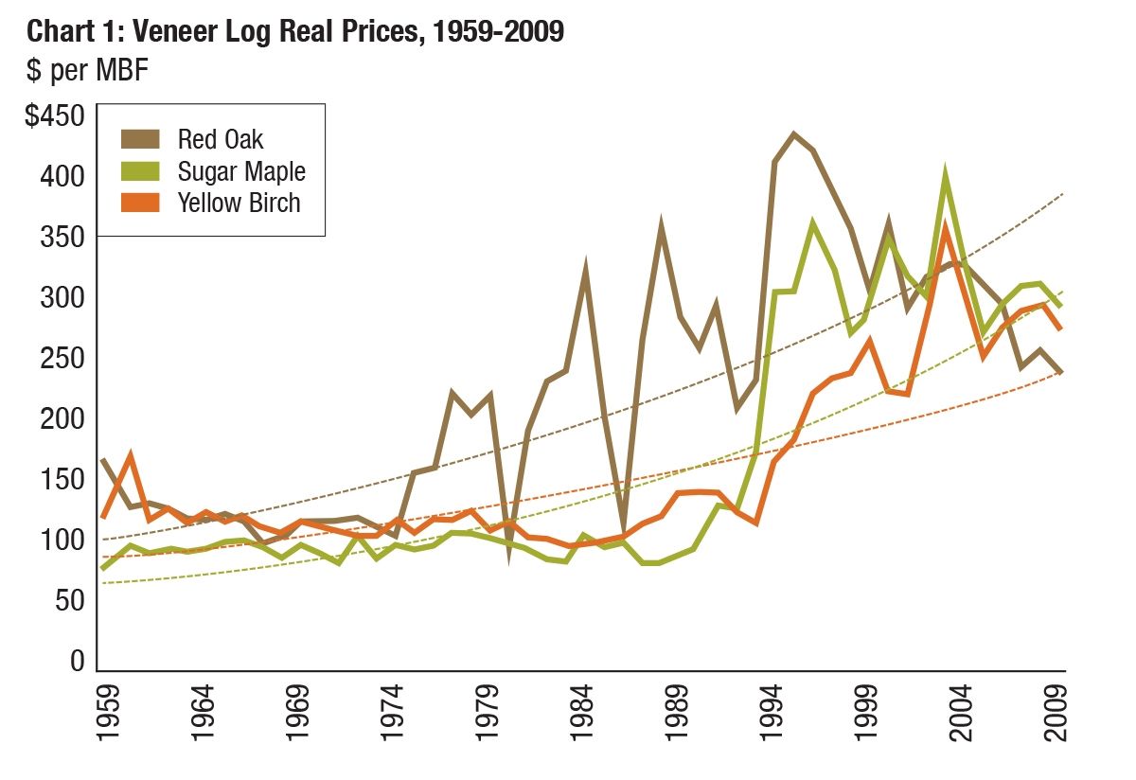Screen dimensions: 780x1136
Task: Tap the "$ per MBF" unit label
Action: pyautogui.click(x=87, y=71)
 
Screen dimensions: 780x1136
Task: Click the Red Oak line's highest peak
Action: pyautogui.click(x=793, y=134)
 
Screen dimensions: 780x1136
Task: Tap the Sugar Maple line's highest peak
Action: pyautogui.click(x=945, y=175)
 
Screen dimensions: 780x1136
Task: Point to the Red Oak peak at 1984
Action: pyautogui.click(x=586, y=267)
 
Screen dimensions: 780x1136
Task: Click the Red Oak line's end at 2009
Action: pyautogui.click(x=1062, y=373)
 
